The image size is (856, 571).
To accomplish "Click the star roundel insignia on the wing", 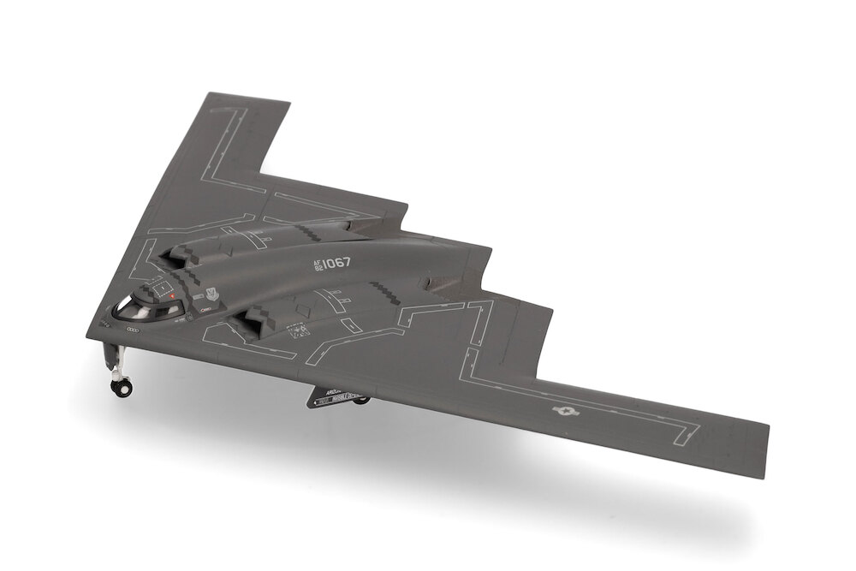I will click(x=564, y=412).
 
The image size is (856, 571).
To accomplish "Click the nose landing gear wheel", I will click(x=122, y=386).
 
